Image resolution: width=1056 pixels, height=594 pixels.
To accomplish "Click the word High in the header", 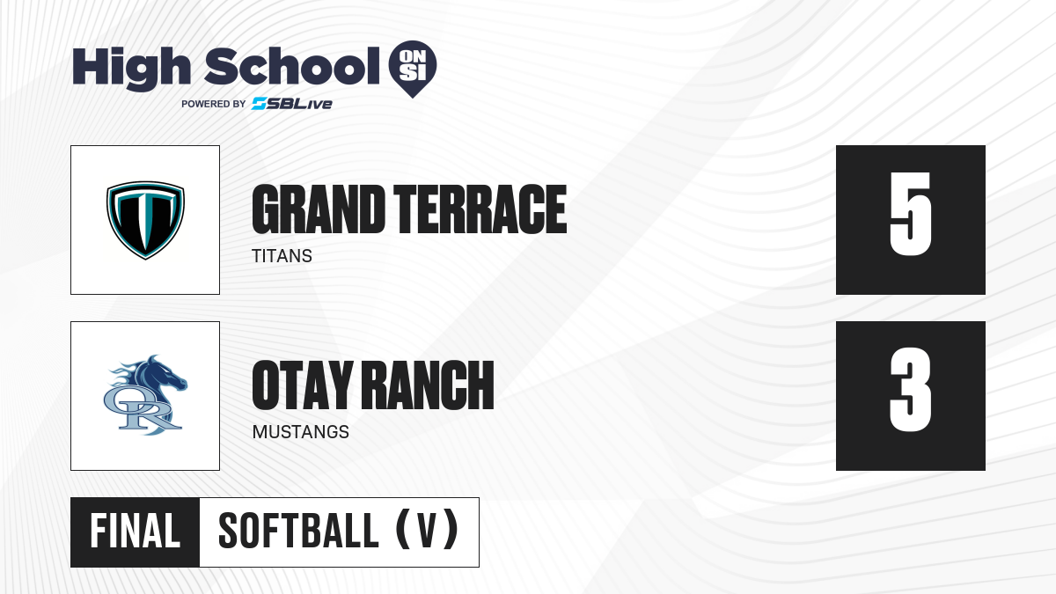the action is (x=132, y=69).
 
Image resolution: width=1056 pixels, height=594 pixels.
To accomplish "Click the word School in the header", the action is (x=292, y=66).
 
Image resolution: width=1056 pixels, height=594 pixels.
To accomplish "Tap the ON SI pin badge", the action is (x=413, y=69).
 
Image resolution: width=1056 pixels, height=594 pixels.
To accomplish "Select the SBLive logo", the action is (x=292, y=104).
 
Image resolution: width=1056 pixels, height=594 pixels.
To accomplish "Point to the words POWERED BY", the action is (x=214, y=104).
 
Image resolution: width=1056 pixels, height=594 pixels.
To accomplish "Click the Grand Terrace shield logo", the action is (x=145, y=220).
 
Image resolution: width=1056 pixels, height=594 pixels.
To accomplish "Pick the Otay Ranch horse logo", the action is (x=145, y=395).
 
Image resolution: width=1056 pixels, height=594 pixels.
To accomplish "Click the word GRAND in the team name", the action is (x=319, y=209).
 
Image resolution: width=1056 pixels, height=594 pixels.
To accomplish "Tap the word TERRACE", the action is (x=480, y=209).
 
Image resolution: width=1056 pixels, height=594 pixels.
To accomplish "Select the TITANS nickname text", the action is (x=282, y=256).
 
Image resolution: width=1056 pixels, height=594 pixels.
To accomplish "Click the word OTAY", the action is (x=303, y=385).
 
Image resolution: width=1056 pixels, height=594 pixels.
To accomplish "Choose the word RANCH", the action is (x=430, y=385).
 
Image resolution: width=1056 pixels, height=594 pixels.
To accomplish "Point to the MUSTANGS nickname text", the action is (x=301, y=432).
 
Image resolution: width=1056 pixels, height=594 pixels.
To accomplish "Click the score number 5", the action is (x=910, y=214).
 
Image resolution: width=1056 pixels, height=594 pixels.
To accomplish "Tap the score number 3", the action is (x=910, y=389).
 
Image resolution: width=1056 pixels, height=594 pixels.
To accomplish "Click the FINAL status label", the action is (x=136, y=532).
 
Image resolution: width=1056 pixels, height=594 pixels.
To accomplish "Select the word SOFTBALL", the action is (x=298, y=532).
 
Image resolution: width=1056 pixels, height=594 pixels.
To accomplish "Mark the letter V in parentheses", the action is (x=428, y=532).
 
